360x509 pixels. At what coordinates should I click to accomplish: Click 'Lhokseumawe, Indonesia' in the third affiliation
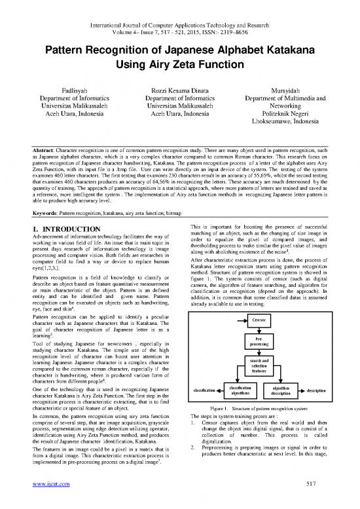[297, 140]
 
